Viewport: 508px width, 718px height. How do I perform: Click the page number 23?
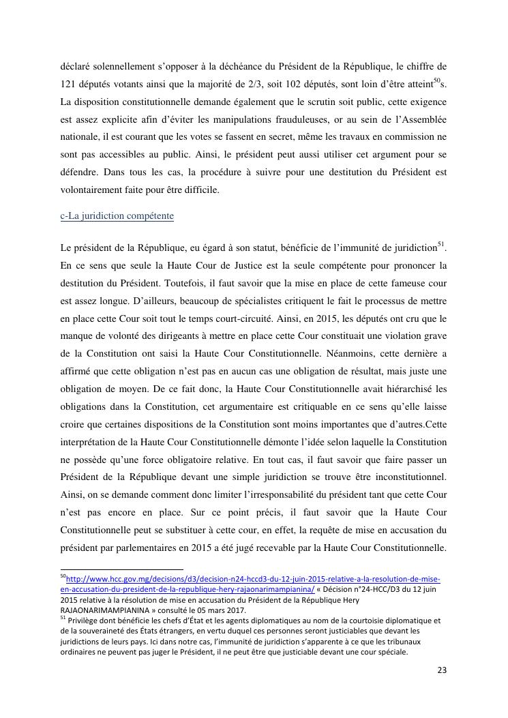pos(441,670)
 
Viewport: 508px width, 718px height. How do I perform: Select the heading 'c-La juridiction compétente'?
pos(117,216)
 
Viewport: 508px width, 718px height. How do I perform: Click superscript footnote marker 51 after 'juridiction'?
pos(440,243)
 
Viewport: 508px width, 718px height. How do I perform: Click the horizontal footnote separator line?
pos(122,569)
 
